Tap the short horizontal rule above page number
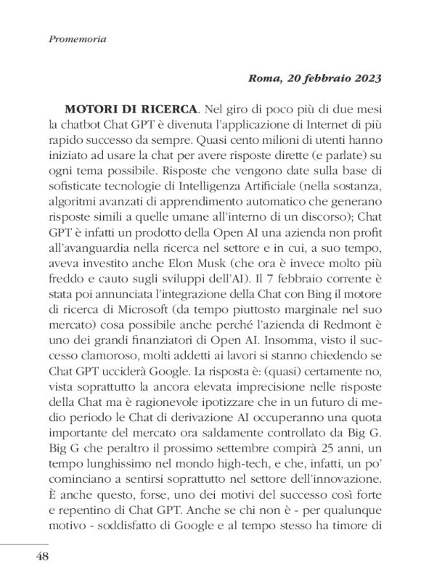click(x=24, y=541)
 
